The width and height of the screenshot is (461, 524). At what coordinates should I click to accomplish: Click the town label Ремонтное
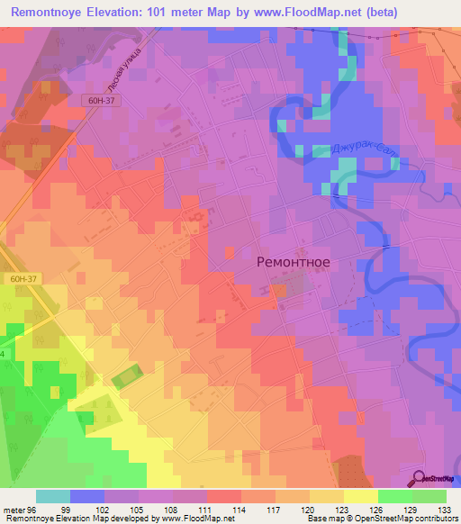tap(294, 262)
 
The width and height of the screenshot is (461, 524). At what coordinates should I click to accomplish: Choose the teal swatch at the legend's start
tap(53, 496)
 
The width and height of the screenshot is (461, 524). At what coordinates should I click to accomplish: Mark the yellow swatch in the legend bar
tap(360, 496)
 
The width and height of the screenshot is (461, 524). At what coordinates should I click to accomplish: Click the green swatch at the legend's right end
tap(429, 496)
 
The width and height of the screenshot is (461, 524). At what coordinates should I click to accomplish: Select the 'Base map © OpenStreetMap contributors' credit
tap(380, 518)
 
